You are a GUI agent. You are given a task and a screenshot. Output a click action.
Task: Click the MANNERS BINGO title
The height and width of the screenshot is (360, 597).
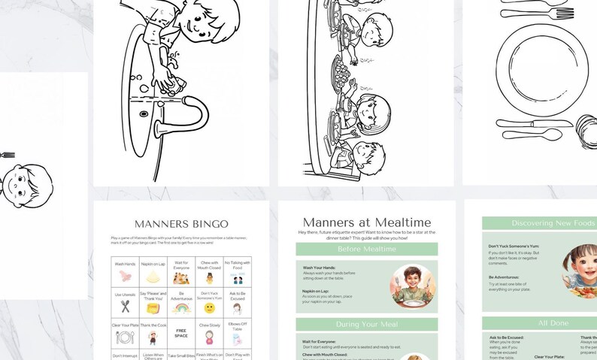[180, 224]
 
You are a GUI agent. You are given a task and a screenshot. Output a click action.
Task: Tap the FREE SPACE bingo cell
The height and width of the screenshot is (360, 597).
[180, 332]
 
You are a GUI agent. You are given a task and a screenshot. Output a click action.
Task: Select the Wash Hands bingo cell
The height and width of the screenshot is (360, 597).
[125, 271]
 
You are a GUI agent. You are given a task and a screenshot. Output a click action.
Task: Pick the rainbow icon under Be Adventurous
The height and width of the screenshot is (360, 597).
[180, 307]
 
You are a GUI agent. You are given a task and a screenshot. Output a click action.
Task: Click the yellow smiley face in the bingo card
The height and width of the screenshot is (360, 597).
[210, 308]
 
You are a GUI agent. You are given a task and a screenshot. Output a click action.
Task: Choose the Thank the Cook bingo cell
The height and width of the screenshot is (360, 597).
[153, 332]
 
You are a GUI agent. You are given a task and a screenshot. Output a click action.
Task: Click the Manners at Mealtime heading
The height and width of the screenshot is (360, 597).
[366, 222]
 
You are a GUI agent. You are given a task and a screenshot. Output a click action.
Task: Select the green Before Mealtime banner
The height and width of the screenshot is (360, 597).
[366, 249]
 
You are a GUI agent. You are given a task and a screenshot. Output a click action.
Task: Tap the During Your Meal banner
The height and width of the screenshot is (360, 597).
[366, 324]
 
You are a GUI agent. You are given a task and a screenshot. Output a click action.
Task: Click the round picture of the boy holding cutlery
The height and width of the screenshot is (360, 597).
[413, 286]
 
